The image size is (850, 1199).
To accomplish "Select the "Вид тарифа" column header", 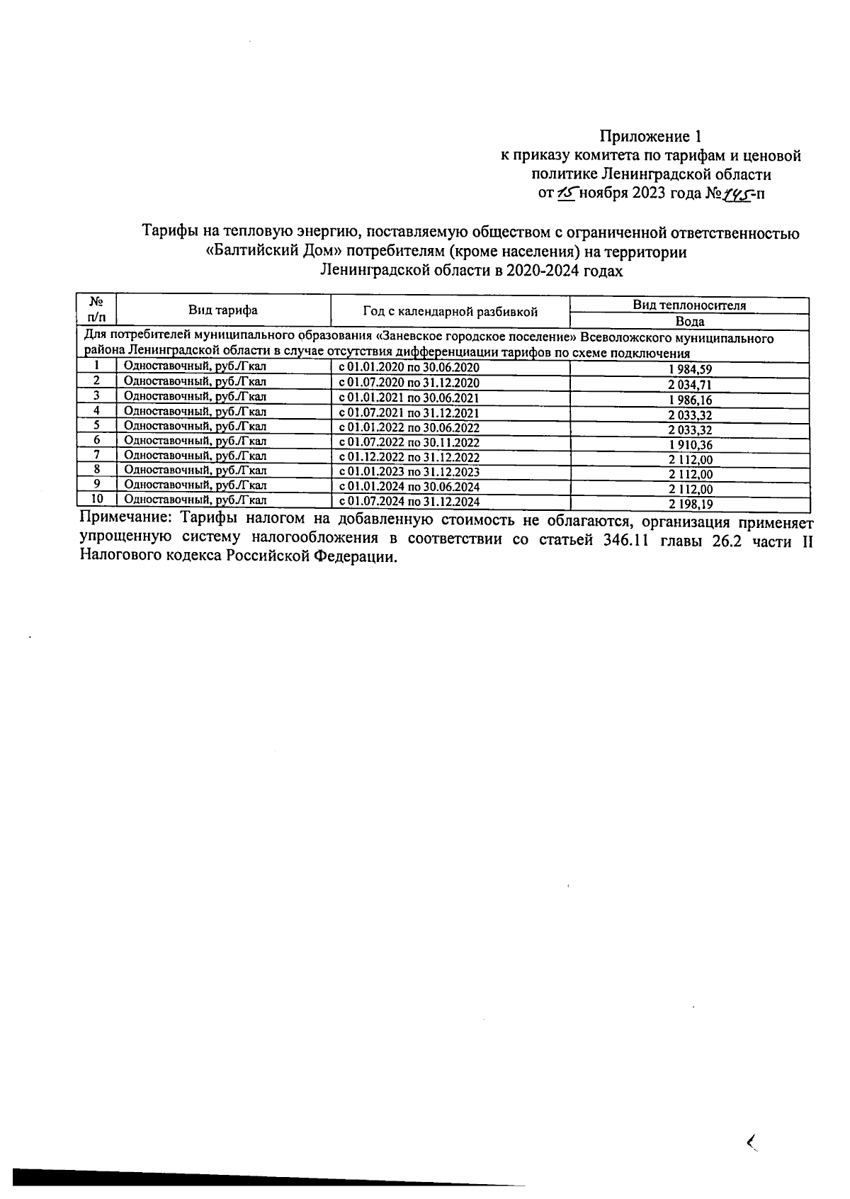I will pos(222,310).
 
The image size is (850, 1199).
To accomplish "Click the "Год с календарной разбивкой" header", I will pos(450,311).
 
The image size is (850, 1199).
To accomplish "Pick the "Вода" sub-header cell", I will pos(689,321).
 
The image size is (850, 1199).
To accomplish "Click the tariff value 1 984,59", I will pos(689,370).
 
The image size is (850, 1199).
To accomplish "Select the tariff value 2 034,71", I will pos(689,385).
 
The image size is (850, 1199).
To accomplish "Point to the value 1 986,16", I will pos(689,400).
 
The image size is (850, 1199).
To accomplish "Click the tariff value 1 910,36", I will pos(689,445).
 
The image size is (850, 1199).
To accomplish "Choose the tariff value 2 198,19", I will pos(689,505).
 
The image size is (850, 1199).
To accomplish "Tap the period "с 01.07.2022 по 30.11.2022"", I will pos(409,443).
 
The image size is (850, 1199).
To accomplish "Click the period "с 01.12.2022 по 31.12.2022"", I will pos(409,458).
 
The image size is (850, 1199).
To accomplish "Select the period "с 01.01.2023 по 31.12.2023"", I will pos(409,472).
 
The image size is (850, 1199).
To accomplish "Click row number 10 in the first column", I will pos(96,499).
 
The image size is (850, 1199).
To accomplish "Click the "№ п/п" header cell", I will pos(96,310).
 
